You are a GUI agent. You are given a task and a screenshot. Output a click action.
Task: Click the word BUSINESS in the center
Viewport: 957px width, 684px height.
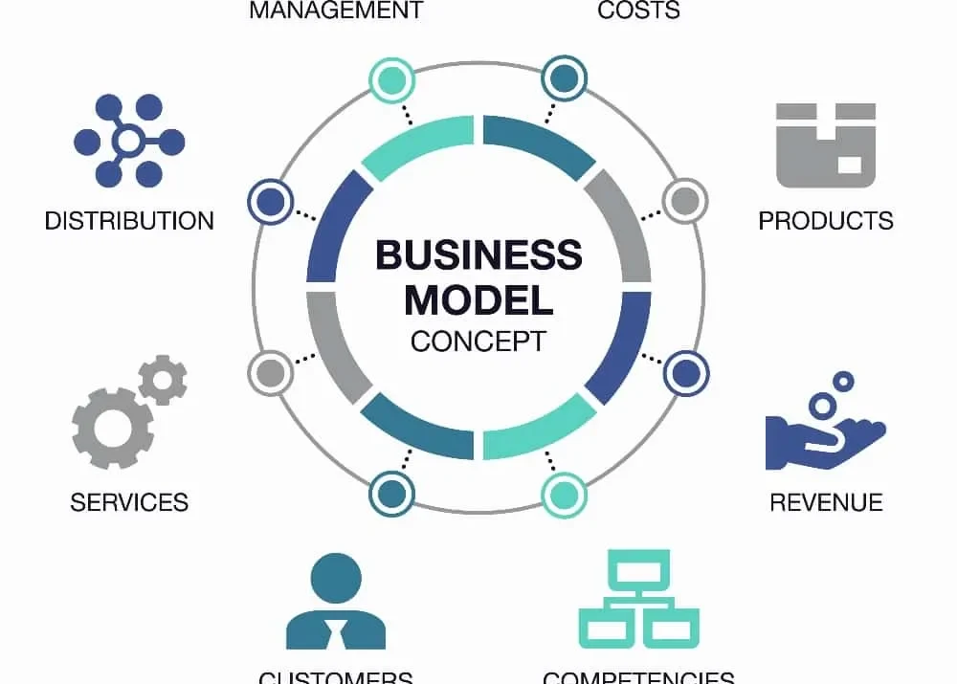[478, 255]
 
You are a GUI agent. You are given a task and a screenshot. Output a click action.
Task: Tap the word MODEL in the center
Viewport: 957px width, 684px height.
[478, 299]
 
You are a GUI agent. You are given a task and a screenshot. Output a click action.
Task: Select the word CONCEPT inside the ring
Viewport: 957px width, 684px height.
[478, 341]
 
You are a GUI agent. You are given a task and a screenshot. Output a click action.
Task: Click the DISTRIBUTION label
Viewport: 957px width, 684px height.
[129, 221]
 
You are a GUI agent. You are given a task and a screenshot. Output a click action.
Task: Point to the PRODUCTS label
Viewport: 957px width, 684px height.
[826, 221]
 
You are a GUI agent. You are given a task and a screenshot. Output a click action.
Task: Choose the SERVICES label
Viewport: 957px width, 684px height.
[129, 502]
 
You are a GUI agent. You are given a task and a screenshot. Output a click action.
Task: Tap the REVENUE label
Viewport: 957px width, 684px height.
[826, 502]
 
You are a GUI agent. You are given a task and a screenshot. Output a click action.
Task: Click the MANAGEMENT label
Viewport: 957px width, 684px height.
[336, 11]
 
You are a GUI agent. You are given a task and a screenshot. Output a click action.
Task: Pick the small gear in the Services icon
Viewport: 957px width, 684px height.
[163, 380]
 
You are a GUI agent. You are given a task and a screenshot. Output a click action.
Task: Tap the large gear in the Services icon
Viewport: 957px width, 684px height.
[112, 428]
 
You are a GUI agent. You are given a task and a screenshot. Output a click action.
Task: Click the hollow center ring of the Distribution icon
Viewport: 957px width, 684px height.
[128, 143]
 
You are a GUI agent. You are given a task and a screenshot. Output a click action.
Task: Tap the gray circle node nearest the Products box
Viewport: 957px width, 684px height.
[683, 201]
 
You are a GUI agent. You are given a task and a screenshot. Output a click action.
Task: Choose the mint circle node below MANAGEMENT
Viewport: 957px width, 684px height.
[392, 78]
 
